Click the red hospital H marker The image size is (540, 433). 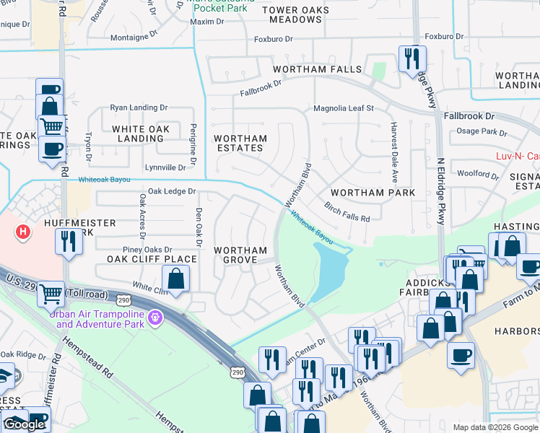point(24,232)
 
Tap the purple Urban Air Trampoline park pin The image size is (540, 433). point(154,318)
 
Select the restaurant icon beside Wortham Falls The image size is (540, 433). point(411,59)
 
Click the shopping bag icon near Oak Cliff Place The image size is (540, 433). point(175,277)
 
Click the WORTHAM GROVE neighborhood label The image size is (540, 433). point(241,255)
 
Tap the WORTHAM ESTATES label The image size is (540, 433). point(240,143)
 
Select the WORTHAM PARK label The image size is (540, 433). point(373,193)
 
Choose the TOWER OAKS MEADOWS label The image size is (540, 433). point(296,14)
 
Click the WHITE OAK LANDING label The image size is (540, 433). point(141,134)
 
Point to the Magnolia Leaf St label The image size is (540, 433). point(343,108)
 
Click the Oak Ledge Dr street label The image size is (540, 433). point(172,191)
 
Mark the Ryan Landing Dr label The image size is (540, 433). point(139,108)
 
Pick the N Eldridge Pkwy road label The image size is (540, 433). point(440,191)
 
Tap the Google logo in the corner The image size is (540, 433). point(24,424)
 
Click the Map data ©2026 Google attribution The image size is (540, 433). point(495,427)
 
